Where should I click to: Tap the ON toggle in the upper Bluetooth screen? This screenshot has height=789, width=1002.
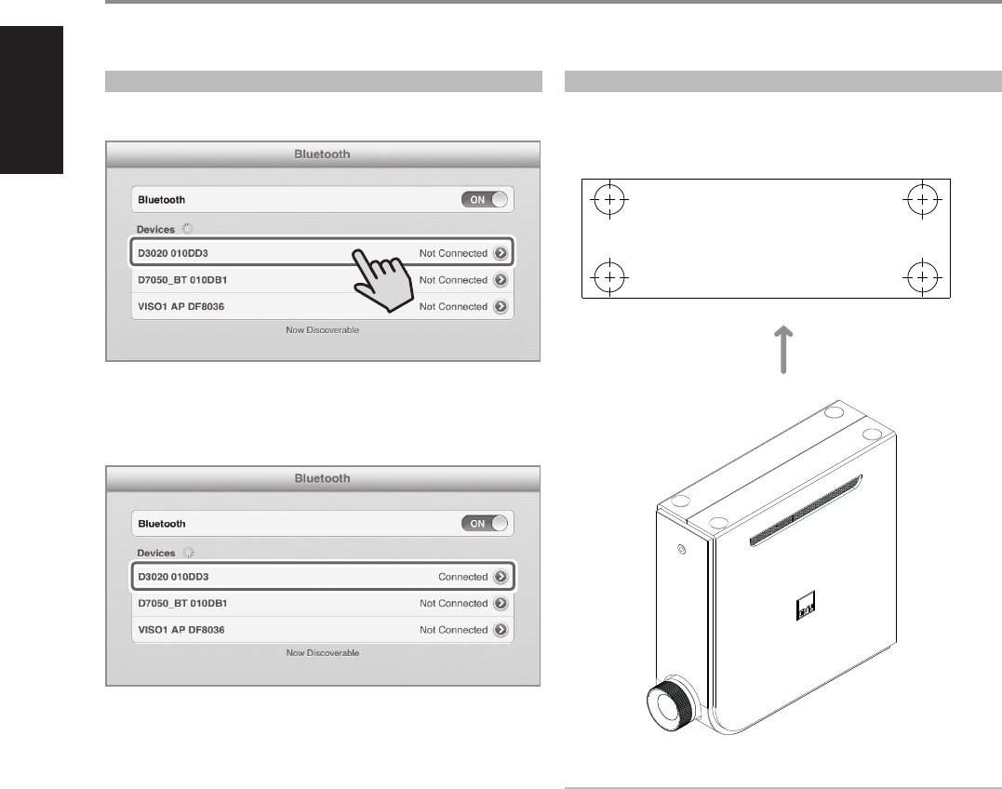(x=486, y=200)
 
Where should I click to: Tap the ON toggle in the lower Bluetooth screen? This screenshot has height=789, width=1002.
(x=486, y=524)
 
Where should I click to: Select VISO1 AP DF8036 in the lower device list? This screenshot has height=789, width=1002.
(x=180, y=630)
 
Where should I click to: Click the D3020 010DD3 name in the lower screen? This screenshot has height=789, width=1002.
(x=173, y=577)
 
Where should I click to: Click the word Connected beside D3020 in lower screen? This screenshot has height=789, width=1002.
(x=462, y=577)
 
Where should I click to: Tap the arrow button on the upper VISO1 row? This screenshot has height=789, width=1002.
(x=501, y=306)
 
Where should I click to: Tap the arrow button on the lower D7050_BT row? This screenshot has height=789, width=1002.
(x=501, y=603)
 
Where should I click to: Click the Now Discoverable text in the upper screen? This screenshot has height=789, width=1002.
(x=322, y=330)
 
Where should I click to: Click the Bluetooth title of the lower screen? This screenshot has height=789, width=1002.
(x=322, y=478)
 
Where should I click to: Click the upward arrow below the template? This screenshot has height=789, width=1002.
(x=783, y=350)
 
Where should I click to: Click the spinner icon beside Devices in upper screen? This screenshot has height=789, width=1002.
(x=189, y=228)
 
